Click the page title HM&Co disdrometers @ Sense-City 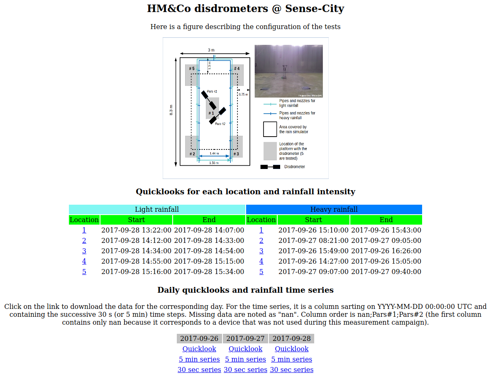coord(245,8)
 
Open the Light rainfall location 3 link coord(84,251)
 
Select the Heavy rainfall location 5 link coord(261,272)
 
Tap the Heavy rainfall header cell coord(334,209)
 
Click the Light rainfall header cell coord(157,209)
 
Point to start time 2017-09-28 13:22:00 coord(136,230)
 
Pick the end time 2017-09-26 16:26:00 coord(386,251)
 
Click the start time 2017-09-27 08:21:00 coord(313,240)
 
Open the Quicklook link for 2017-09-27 coord(245,349)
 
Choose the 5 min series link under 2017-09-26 coord(199,359)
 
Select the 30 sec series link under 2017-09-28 coord(292,370)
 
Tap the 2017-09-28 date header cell coord(291,338)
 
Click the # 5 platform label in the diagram coord(192,69)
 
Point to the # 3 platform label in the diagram coord(236,154)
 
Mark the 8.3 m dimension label coord(171,110)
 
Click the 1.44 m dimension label coord(214,154)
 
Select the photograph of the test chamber coord(288,71)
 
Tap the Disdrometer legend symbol coord(270,167)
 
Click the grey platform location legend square coord(270,151)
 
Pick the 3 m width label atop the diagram coord(211,50)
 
